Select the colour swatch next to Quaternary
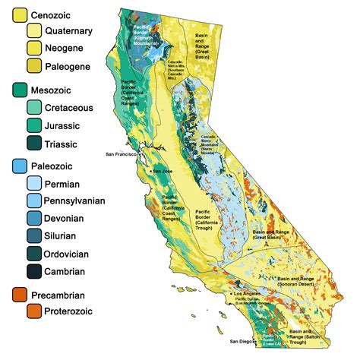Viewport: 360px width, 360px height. click(35, 31)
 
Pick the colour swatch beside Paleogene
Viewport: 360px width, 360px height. click(35, 67)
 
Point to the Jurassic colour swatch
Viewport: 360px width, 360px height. click(35, 125)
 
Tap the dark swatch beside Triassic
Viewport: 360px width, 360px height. click(35, 144)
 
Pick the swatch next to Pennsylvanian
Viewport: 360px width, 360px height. click(35, 201)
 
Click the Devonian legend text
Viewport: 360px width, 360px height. click(70, 219)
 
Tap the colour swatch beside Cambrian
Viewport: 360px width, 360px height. click(35, 271)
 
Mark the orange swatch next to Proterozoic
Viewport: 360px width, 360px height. click(35, 311)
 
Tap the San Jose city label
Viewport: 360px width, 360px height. click(163, 171)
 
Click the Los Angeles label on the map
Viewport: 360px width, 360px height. click(248, 293)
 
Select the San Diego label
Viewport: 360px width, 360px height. click(244, 341)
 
